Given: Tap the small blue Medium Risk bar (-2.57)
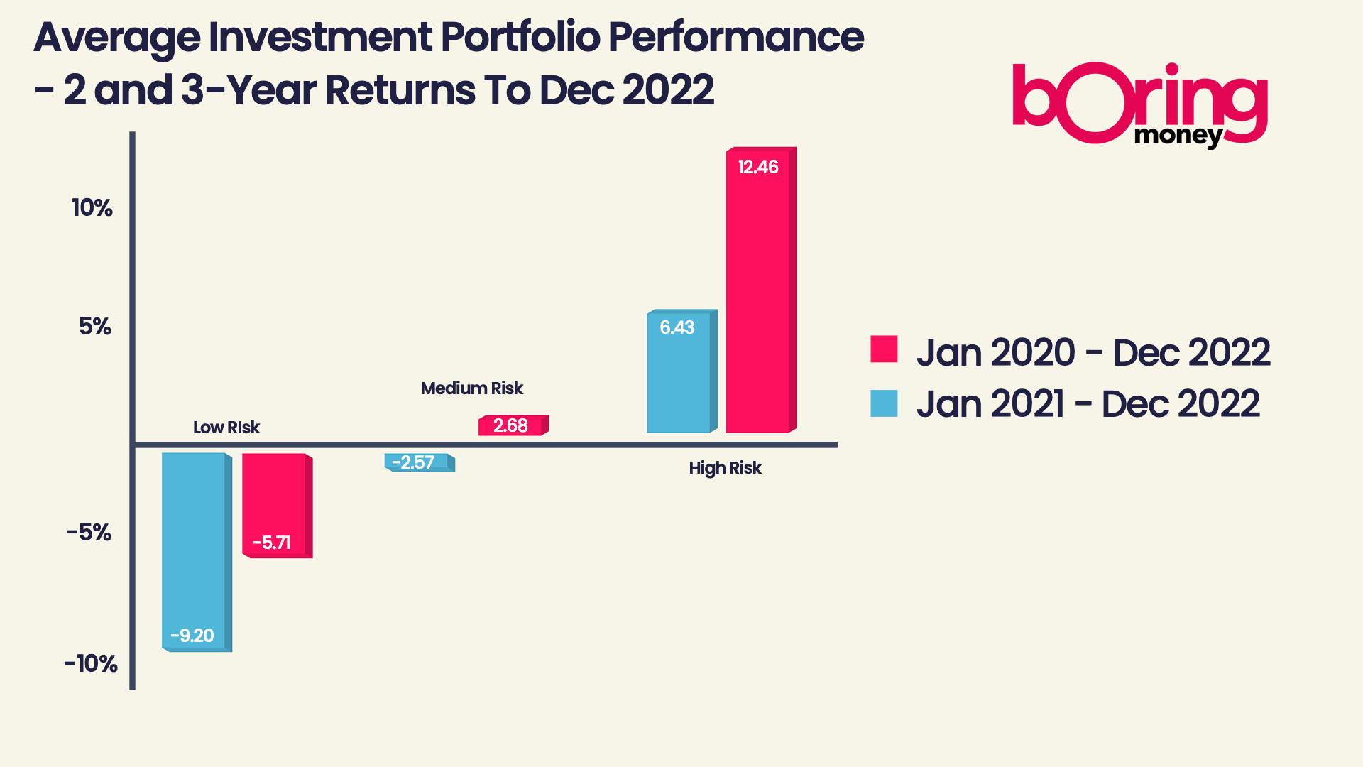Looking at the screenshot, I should tap(417, 462).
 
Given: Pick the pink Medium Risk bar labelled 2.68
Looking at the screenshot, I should tap(510, 425).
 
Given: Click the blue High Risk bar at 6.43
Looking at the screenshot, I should tap(679, 371).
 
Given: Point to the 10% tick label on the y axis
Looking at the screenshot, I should tap(92, 208).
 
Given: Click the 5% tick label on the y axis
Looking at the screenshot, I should tap(95, 327).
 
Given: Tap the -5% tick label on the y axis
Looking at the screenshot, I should tap(89, 533).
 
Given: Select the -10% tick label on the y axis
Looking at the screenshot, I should tap(91, 664).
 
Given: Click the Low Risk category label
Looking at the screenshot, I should tap(226, 428).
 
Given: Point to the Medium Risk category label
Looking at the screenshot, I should tap(471, 388).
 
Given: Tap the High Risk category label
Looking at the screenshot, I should tap(725, 468).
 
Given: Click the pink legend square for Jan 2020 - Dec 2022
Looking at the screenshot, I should tap(884, 349).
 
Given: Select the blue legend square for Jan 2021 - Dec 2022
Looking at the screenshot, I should tap(884, 403).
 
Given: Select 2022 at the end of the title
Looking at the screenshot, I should tap(668, 90).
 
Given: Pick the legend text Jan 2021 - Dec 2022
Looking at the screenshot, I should tap(1088, 404).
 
